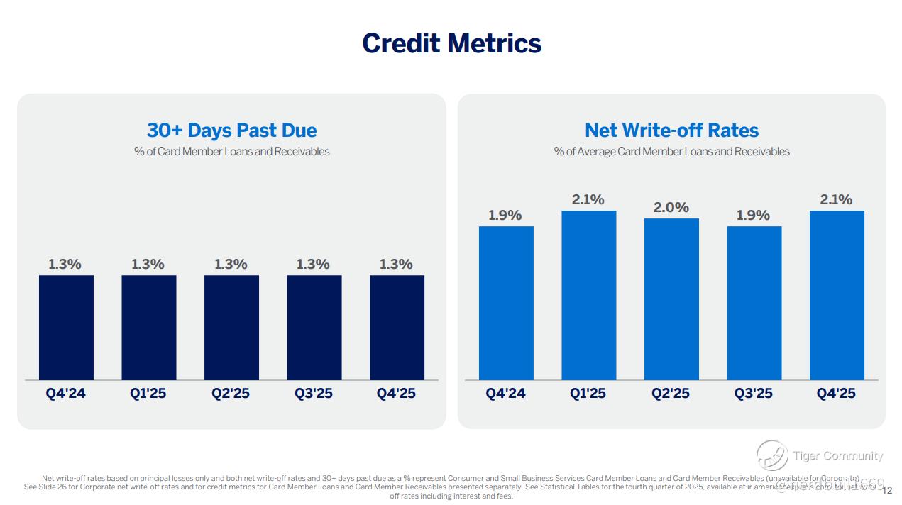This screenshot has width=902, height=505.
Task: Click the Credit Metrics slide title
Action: tap(451, 43)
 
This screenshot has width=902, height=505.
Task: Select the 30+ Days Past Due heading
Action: tap(231, 131)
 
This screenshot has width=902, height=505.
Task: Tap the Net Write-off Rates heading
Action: tap(671, 131)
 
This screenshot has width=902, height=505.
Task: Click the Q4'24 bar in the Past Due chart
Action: tap(66, 327)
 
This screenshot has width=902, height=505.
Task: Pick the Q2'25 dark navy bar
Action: tap(231, 327)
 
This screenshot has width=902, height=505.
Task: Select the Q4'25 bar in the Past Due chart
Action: tap(397, 327)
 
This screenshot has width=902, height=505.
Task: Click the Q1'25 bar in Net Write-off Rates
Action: tap(588, 295)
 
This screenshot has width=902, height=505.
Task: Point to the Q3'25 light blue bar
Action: tap(754, 303)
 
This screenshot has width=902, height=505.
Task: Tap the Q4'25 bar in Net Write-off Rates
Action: tap(837, 295)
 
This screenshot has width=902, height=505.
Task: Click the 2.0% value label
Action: tap(671, 207)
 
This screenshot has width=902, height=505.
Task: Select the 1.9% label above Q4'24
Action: tap(505, 215)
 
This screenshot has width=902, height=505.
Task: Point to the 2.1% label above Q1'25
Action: tap(588, 199)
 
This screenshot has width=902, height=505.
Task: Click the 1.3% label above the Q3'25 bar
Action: tap(314, 264)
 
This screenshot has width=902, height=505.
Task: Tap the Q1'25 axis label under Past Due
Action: tap(148, 394)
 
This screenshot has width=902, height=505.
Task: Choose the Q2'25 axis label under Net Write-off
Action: tap(671, 394)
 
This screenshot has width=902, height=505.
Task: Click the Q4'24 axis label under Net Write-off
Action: tap(505, 394)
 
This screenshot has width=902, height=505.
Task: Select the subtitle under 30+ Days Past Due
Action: tap(231, 151)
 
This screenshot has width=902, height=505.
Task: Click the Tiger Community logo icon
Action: tap(771, 455)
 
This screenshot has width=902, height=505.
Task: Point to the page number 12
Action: tap(887, 489)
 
